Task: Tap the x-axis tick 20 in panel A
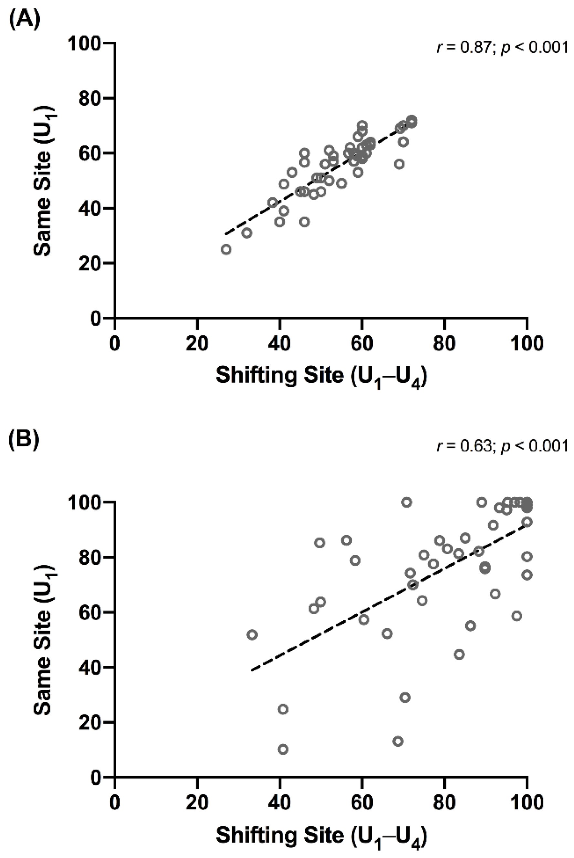[197, 344]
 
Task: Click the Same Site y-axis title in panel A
[46, 181]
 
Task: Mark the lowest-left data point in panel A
[226, 249]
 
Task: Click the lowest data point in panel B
[283, 749]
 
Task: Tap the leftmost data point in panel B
[252, 634]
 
